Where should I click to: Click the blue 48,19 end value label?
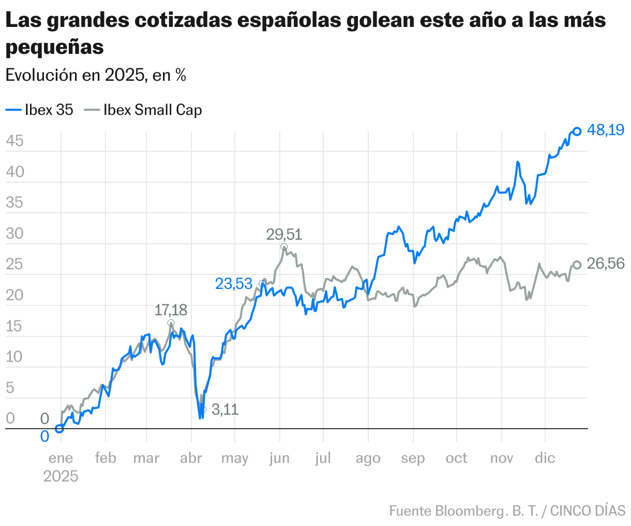606,130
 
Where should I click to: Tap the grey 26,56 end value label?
606,264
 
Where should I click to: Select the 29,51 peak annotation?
284,235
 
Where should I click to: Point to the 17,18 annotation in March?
171,311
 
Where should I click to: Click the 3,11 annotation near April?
225,410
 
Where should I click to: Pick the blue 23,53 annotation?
234,284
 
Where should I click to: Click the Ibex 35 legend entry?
40,110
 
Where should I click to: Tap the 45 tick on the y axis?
15,141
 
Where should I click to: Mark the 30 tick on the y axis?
15,233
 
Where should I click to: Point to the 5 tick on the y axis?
10,388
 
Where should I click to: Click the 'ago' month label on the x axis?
368,458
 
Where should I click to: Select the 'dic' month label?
545,458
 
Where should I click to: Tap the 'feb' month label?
106,458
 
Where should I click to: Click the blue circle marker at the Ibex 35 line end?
577,131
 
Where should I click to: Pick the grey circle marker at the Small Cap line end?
577,265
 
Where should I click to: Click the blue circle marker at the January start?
59,429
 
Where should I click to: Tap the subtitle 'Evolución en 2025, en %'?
96,75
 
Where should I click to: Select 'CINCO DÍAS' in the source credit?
588,510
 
